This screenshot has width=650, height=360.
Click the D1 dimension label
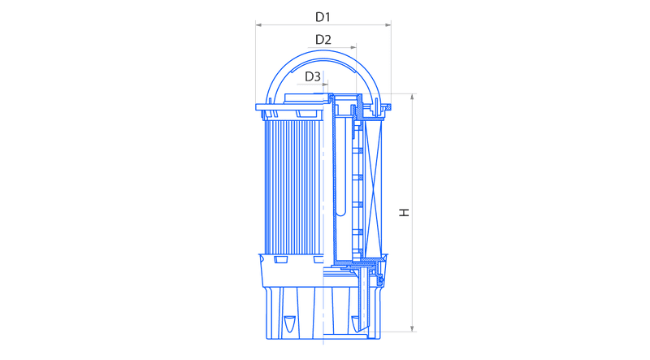(x=323, y=17)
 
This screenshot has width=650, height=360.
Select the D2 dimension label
(x=323, y=40)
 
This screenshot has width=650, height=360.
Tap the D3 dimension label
(x=313, y=76)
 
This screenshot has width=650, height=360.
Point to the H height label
(x=404, y=212)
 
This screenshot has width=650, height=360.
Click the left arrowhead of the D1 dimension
(x=258, y=25)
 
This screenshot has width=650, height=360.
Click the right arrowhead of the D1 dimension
(x=388, y=25)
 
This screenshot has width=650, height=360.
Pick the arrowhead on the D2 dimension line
(x=353, y=47)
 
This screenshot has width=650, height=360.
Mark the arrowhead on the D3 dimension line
(x=325, y=85)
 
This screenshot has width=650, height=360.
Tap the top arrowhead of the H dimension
(x=412, y=97)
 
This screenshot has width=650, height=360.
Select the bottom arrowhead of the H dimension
(x=412, y=328)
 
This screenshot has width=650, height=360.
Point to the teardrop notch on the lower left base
(x=289, y=323)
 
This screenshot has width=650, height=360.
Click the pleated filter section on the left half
(x=293, y=187)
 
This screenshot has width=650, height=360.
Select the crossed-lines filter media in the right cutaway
(x=373, y=187)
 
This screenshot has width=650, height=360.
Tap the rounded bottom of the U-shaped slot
(x=340, y=213)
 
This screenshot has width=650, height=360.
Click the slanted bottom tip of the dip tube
(x=363, y=331)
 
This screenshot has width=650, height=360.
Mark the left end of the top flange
(x=256, y=107)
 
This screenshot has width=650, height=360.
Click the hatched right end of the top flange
(x=388, y=107)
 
